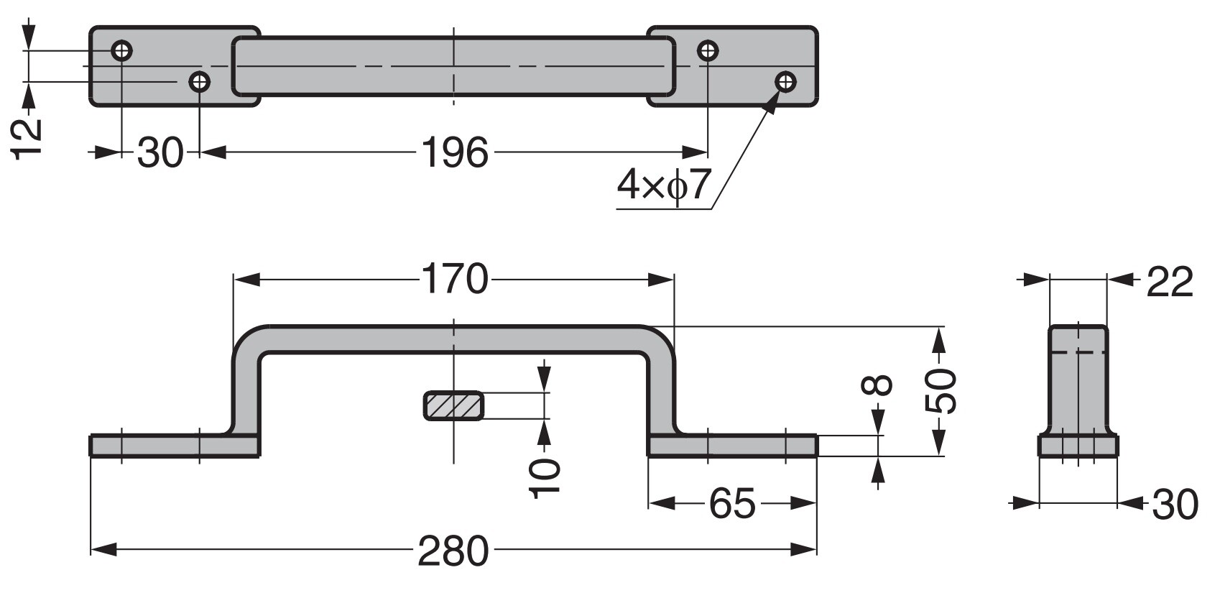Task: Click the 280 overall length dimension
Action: tap(453, 551)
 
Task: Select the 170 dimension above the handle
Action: tap(454, 280)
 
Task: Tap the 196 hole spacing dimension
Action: tap(454, 152)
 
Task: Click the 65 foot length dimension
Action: tap(732, 504)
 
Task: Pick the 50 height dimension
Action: tap(941, 392)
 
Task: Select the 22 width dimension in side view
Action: tap(1169, 281)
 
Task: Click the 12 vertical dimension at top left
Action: tap(27, 139)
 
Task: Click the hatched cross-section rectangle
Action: tap(453, 406)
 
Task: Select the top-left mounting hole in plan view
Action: tap(121, 51)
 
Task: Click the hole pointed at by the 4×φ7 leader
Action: tap(786, 81)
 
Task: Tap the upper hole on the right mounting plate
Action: tap(708, 51)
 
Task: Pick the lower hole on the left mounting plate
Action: tap(199, 81)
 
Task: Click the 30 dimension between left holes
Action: tap(160, 152)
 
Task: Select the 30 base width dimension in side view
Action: tap(1175, 504)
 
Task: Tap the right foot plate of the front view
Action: tap(733, 446)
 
